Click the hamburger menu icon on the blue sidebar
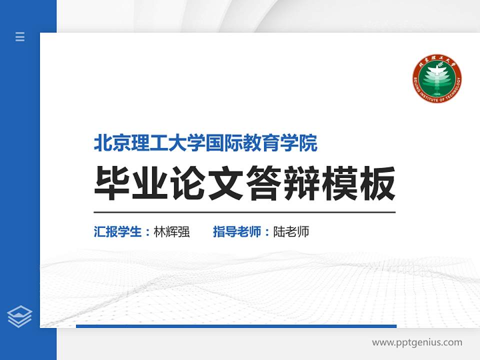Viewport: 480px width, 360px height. pyautogui.click(x=20, y=36)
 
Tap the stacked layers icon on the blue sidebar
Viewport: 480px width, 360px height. pyautogui.click(x=20, y=316)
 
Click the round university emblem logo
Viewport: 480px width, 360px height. pyautogui.click(x=436, y=79)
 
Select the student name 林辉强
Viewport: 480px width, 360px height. pyautogui.click(x=171, y=232)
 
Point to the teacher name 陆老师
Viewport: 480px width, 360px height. pyautogui.click(x=291, y=232)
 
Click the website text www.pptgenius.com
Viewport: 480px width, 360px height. pyautogui.click(x=417, y=342)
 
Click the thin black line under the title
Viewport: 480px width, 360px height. pyautogui.click(x=244, y=212)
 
